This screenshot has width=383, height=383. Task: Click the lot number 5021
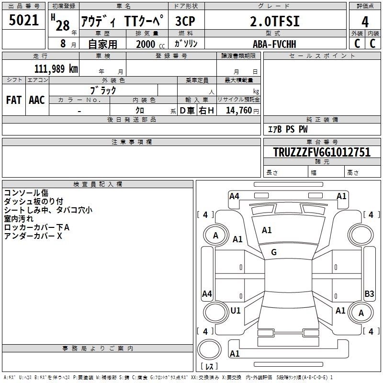click(x=23, y=21)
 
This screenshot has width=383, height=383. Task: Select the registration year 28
click(x=62, y=25)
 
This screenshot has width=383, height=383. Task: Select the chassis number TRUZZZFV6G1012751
click(x=322, y=152)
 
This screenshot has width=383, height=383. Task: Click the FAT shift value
click(x=14, y=100)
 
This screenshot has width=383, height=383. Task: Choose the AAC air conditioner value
click(x=37, y=100)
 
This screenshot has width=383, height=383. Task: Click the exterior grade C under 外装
click(x=357, y=43)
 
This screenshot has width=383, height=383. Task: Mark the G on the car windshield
click(x=274, y=252)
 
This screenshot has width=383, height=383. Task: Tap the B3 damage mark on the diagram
click(x=369, y=294)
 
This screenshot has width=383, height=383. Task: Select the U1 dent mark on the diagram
click(x=236, y=310)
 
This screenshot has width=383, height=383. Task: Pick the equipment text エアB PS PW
click(x=287, y=129)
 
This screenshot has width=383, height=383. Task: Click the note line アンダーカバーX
click(x=34, y=236)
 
